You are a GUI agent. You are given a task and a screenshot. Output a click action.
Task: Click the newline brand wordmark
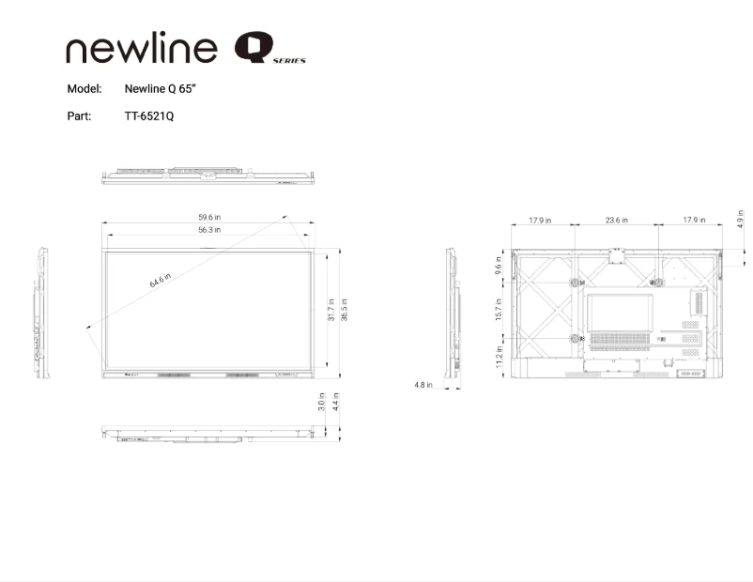(142, 50)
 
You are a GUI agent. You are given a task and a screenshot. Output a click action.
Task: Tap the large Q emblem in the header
(253, 48)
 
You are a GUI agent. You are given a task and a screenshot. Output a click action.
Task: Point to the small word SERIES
(290, 60)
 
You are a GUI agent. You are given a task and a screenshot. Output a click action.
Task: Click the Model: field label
(84, 89)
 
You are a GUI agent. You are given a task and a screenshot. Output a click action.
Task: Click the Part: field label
(79, 116)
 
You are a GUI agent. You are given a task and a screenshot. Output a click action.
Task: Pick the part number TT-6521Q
(149, 116)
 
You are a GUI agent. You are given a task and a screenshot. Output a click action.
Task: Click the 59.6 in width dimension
(209, 218)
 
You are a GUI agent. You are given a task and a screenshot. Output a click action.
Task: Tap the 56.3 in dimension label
(209, 230)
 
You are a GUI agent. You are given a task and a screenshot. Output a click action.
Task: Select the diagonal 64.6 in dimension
(161, 281)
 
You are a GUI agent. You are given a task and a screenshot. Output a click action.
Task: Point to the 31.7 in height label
(331, 311)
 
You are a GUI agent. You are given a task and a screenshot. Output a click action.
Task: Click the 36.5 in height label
(345, 311)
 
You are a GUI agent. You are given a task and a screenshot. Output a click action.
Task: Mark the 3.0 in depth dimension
(322, 402)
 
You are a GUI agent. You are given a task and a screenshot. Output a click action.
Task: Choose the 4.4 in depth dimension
(335, 402)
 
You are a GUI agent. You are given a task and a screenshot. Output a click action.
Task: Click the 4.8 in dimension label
(423, 385)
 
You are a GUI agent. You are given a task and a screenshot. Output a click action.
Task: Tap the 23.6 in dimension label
(616, 221)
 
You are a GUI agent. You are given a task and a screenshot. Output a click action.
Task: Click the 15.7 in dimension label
(499, 309)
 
